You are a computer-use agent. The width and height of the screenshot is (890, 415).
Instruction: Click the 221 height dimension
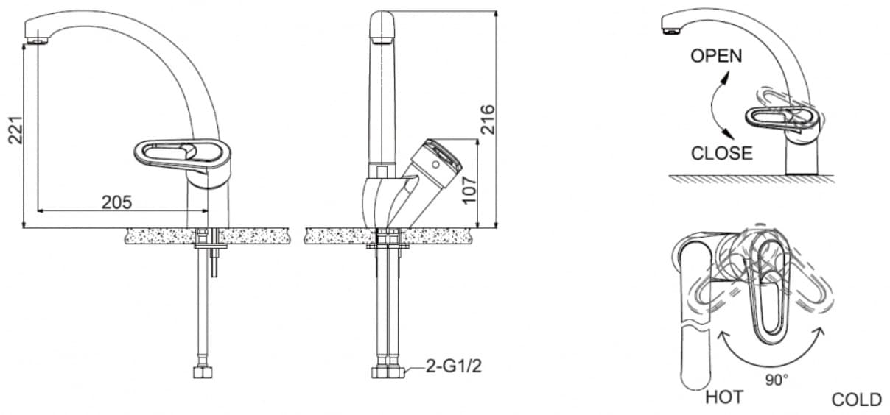coord(15,130)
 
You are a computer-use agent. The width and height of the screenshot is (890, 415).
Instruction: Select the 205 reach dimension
coord(117,202)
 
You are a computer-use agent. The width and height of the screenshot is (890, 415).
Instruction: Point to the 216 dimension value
coord(488,119)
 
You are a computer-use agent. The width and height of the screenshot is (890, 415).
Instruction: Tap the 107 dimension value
coord(469,191)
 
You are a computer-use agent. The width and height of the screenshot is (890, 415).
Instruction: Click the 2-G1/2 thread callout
coord(453,366)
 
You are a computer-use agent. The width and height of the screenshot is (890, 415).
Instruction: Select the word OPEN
coord(716,56)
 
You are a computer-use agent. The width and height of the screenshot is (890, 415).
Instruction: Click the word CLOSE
coord(721,153)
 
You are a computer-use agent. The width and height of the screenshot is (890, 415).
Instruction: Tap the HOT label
coord(724,397)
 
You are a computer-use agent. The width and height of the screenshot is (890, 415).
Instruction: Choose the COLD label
coord(857,400)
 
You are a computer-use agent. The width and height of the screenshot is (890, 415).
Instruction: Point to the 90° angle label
coord(777,380)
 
